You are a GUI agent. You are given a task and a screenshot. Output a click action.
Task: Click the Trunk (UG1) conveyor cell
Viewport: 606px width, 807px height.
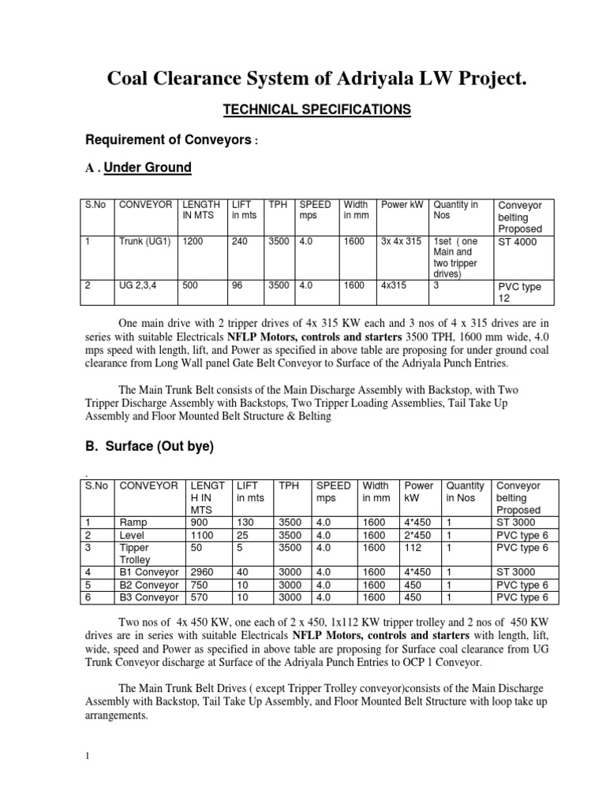point(144,242)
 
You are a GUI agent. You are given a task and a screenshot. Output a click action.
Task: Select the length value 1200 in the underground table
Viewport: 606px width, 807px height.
point(193,242)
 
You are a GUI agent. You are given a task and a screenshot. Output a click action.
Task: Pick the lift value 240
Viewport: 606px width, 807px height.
point(240,242)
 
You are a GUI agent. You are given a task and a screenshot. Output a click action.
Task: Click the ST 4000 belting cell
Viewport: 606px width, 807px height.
point(517,242)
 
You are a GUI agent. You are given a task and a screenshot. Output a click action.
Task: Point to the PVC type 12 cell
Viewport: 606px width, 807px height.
point(518,292)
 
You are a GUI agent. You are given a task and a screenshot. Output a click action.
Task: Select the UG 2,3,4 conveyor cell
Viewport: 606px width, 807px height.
point(140,287)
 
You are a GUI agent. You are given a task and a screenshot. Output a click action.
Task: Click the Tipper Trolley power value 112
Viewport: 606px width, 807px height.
point(413,548)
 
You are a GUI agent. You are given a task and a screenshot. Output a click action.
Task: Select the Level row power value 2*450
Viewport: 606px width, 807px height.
point(417,535)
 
